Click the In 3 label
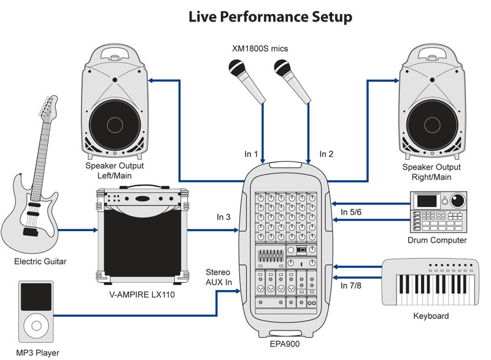224,217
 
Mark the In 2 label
327,154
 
